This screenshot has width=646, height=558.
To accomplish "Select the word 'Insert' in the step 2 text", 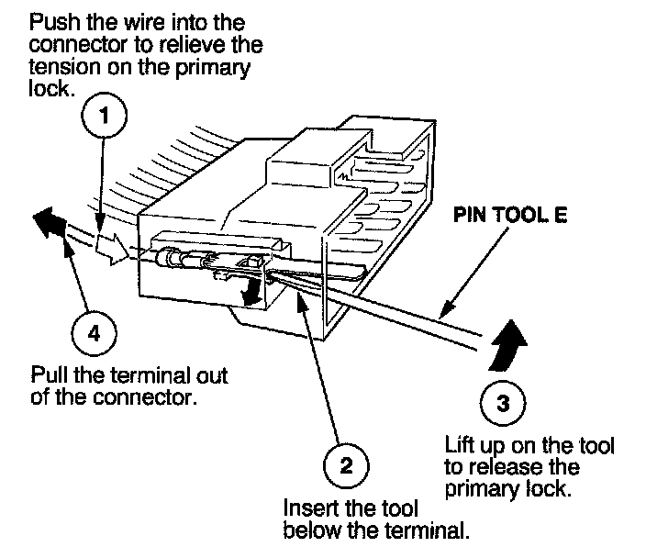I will point(306,509).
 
